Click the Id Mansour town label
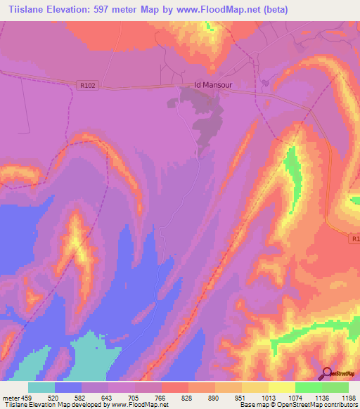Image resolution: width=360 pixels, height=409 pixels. coord(213,86)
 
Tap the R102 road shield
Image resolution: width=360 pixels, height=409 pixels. coord(86,85)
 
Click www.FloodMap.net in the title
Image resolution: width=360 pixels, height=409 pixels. coord(210,9)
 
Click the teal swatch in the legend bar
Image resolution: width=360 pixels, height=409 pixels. coord(41,387)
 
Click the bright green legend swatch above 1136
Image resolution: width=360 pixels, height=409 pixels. coord(309,387)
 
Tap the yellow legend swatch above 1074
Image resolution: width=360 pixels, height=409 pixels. coord(282,387)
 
